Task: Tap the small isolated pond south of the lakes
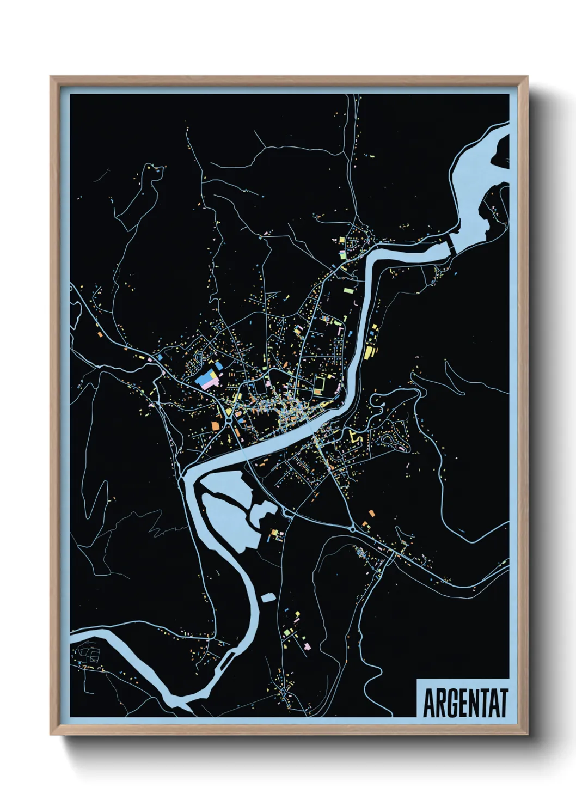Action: click(x=267, y=598)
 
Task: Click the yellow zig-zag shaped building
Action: click(x=356, y=437)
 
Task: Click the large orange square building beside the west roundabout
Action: click(x=217, y=424)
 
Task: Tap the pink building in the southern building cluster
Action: click(x=307, y=646)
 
